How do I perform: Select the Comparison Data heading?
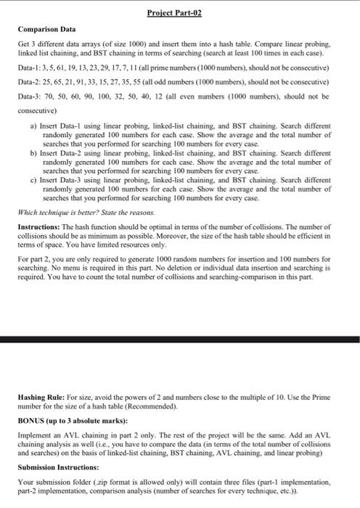[43, 29]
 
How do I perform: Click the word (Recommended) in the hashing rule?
[155, 406]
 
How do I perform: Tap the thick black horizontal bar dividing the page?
[180, 339]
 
